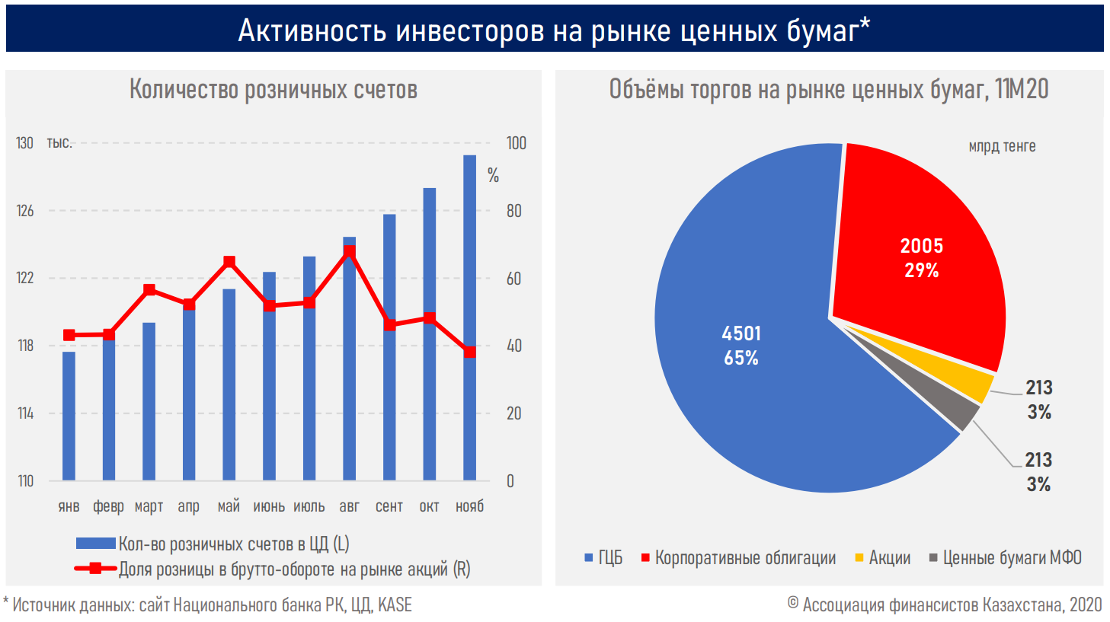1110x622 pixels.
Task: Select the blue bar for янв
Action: [x=69, y=416]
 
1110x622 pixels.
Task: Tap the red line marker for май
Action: [x=229, y=263]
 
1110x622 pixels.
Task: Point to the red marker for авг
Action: [x=350, y=250]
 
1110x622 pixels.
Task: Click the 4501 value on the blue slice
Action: [x=741, y=333]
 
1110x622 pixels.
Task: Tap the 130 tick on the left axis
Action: [x=25, y=143]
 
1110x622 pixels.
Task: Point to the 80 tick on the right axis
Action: [x=514, y=211]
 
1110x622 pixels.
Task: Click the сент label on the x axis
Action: [x=389, y=506]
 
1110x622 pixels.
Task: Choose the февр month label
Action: [x=108, y=506]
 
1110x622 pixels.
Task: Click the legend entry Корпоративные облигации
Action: [x=744, y=558]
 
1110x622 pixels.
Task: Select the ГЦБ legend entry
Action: [x=609, y=558]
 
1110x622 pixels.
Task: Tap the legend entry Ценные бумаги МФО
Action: [x=1011, y=558]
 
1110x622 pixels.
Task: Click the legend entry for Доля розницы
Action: [x=294, y=569]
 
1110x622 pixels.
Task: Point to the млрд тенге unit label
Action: [x=1002, y=146]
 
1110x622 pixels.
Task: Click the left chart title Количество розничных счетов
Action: [x=273, y=90]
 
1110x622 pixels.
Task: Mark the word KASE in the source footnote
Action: [x=395, y=605]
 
